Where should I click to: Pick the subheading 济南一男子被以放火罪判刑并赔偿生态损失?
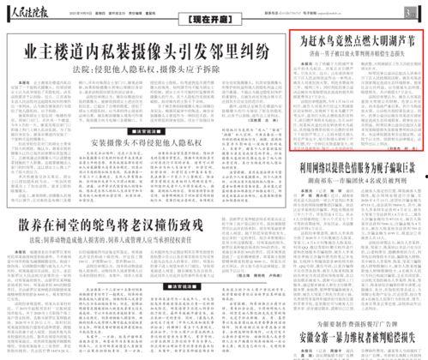point(353,56)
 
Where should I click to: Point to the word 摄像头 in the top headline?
point(160,51)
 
